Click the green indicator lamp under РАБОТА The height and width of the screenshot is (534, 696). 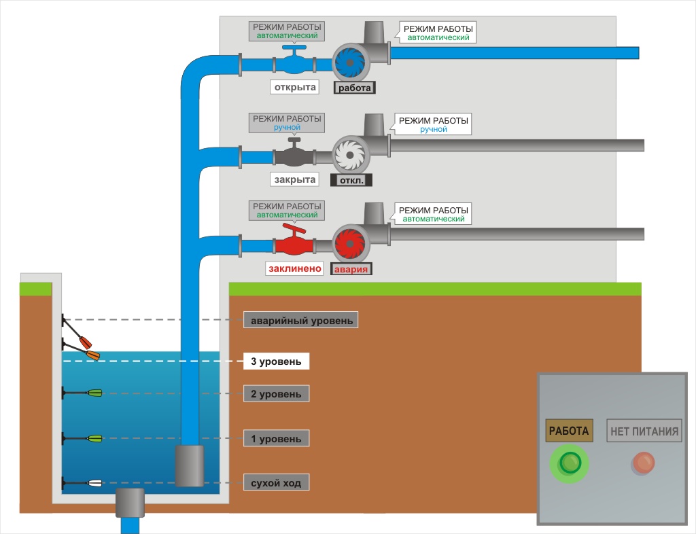click(569, 464)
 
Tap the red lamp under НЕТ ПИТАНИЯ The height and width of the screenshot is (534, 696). click(643, 464)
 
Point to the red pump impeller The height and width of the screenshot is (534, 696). click(351, 244)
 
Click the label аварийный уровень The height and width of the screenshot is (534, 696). click(301, 320)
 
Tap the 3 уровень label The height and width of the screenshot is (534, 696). click(277, 361)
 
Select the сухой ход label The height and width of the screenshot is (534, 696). click(277, 483)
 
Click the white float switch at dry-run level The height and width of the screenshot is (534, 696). click(94, 484)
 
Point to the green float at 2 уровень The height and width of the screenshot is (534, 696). click(94, 393)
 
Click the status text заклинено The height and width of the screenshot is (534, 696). click(294, 268)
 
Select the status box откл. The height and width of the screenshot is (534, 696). click(351, 180)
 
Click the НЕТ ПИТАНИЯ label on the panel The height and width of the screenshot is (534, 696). click(644, 430)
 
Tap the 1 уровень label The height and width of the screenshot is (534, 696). click(277, 439)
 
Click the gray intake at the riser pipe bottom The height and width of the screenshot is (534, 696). click(190, 465)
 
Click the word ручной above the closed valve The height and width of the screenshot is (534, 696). click(286, 127)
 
